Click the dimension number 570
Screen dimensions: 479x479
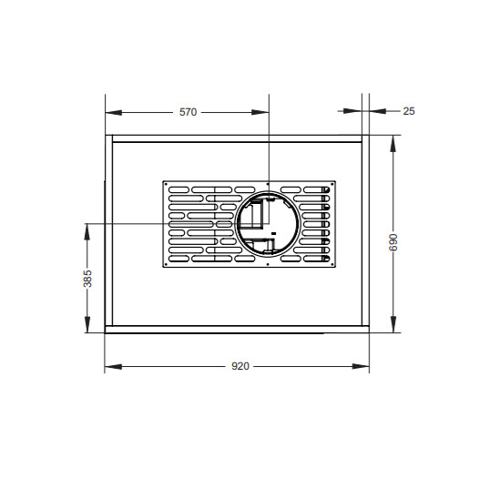tap(188, 112)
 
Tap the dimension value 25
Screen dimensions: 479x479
tap(409, 111)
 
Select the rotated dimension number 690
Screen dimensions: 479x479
tap(393, 242)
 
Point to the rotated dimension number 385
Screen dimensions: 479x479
tap(87, 279)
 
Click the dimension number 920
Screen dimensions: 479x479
tap(240, 366)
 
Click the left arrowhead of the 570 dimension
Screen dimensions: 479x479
tap(113, 113)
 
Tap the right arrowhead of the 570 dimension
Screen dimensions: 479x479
tap(260, 112)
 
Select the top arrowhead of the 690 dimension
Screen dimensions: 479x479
tap(393, 143)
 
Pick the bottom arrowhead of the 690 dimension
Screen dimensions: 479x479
tap(393, 324)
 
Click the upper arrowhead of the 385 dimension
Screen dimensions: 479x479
tap(87, 231)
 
